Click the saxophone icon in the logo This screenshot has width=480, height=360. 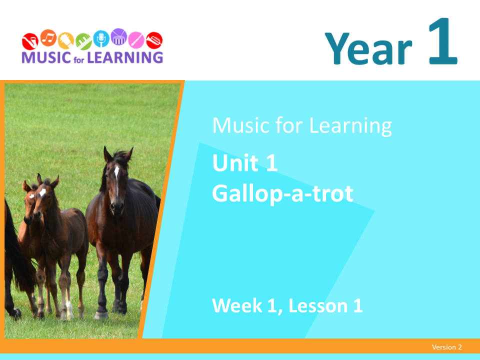click(x=30, y=41)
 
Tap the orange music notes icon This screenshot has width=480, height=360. click(x=48, y=38)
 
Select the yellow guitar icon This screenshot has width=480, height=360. click(x=66, y=40)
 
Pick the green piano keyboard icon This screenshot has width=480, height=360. click(x=83, y=41)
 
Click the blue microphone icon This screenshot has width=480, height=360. click(x=101, y=38)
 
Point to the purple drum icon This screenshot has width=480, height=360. click(x=119, y=36)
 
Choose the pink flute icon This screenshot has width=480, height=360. click(x=136, y=40)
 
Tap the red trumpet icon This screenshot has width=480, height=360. click(x=154, y=40)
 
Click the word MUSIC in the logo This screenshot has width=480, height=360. click(x=46, y=57)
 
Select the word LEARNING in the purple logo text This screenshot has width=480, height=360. click(x=125, y=57)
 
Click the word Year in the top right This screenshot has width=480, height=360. click(x=368, y=49)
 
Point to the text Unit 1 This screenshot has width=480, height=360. click(x=245, y=163)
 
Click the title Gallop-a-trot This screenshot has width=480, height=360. click(x=283, y=193)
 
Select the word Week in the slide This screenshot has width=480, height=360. click(x=237, y=305)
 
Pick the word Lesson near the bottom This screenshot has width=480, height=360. click(x=318, y=305)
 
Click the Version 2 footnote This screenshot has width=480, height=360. click(x=447, y=347)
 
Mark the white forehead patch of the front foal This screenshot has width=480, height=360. click(x=42, y=192)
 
